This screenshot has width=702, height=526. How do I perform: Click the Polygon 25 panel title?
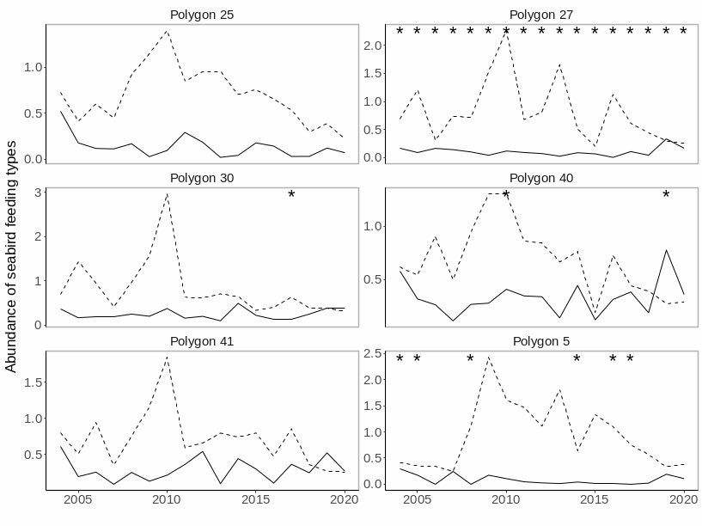[x=202, y=15]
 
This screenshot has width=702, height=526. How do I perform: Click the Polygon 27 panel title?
[x=541, y=15]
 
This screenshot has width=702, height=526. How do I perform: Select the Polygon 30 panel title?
[x=202, y=178]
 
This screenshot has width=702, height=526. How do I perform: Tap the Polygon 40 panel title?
[x=541, y=178]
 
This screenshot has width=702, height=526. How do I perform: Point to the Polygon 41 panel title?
[x=202, y=341]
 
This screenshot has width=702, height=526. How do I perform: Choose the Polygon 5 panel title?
[x=541, y=341]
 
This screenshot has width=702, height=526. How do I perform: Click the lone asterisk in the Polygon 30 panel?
[x=291, y=196]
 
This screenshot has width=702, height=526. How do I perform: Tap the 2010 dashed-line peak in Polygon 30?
[x=167, y=194]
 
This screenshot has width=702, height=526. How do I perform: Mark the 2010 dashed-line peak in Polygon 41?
[x=167, y=358]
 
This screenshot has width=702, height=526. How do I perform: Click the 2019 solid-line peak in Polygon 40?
[x=666, y=250]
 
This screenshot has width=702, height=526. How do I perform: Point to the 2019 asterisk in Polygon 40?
[x=666, y=196]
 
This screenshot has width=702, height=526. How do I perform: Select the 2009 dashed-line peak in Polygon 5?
[x=488, y=357]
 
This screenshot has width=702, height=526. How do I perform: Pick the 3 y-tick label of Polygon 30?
[x=38, y=192]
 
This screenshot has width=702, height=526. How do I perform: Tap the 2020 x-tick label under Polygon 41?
[x=344, y=499]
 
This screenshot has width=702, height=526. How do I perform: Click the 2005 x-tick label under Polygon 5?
[x=418, y=499]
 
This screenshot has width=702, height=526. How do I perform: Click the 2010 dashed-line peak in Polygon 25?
[x=167, y=32]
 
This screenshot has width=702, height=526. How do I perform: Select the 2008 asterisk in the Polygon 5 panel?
[x=470, y=359]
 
